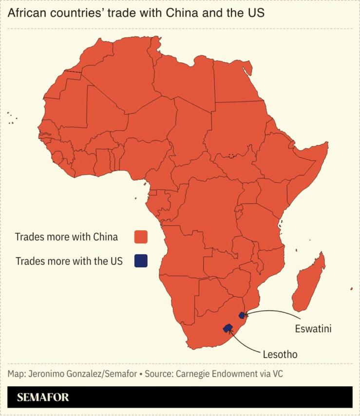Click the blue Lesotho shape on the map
point(227,328)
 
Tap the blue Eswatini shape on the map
point(242,315)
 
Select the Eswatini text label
point(313,328)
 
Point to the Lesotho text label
point(280,354)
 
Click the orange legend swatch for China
point(141,237)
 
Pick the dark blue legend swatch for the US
point(141,261)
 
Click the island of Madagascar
point(309,283)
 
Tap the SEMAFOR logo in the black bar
point(43,397)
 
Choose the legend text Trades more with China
point(66,237)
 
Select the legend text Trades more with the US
point(69,261)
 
